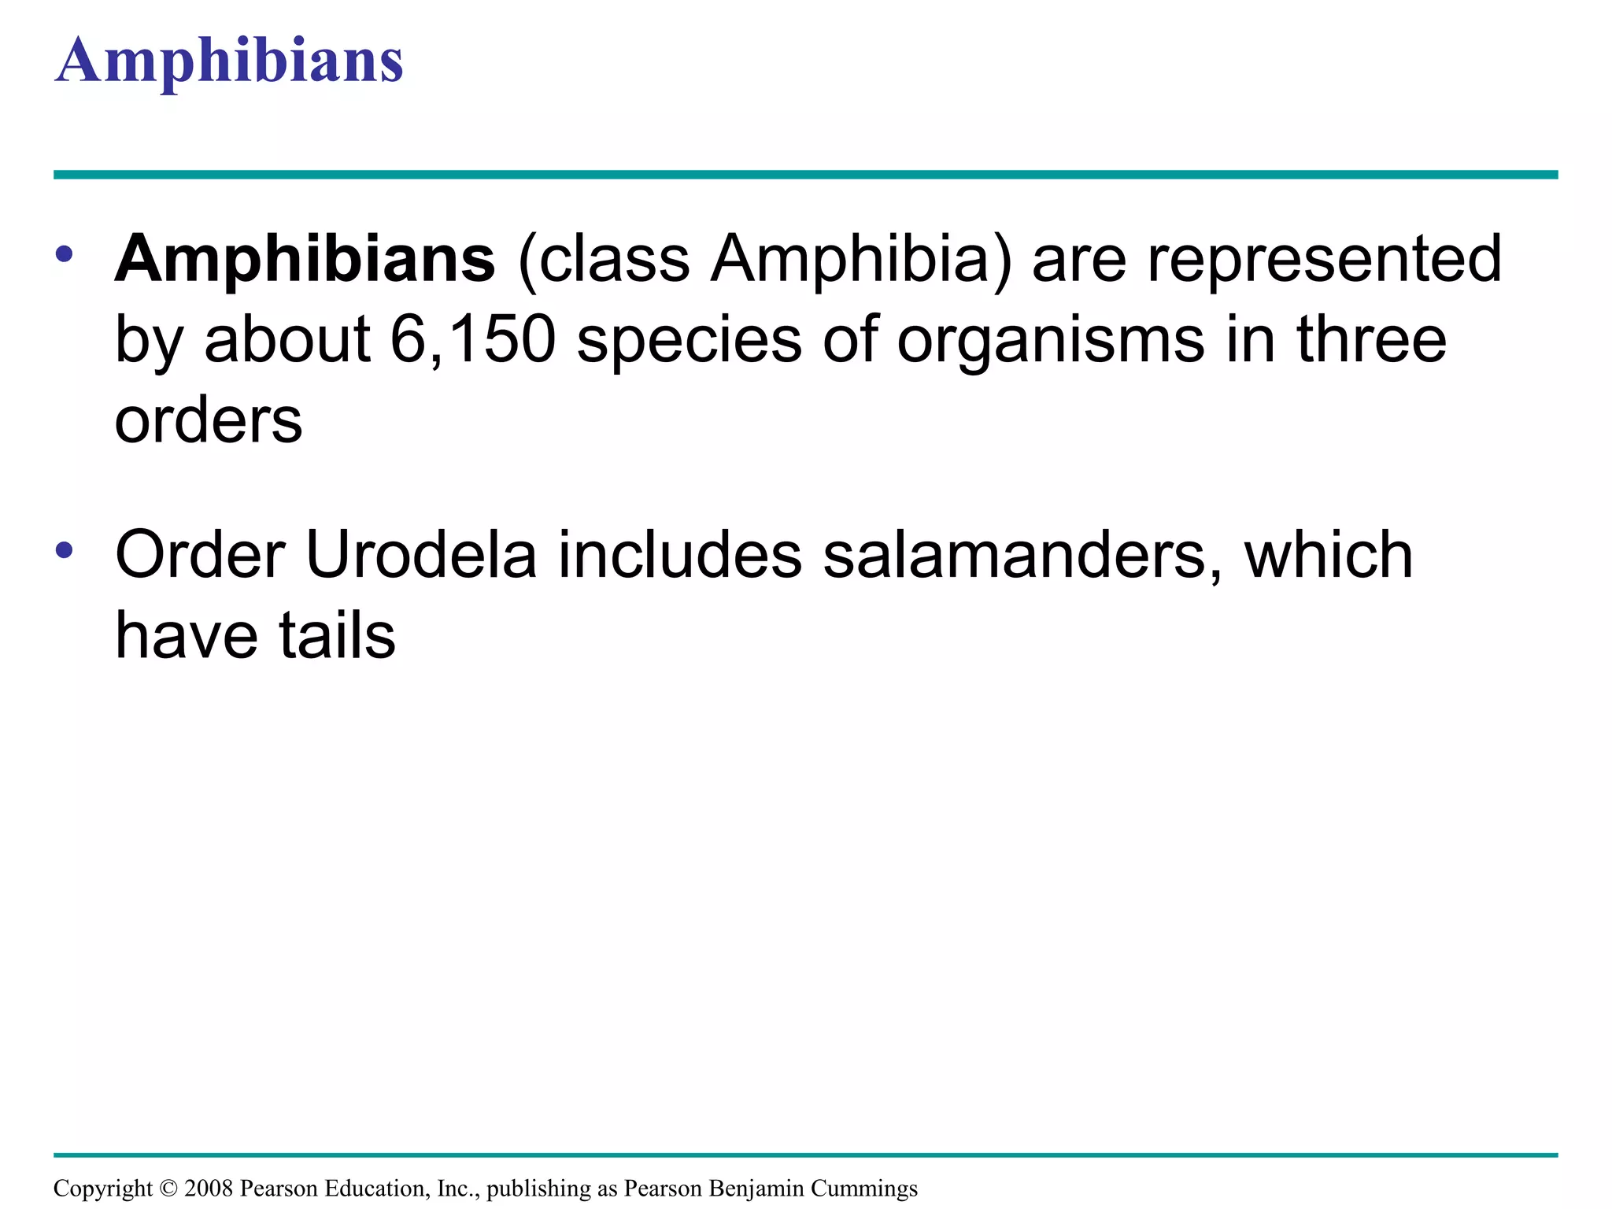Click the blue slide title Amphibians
click(x=229, y=61)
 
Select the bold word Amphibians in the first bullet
click(x=305, y=260)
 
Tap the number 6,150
click(x=473, y=340)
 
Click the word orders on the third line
click(x=209, y=421)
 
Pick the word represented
click(x=1324, y=260)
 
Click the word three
click(x=1371, y=340)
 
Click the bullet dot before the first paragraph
click(x=65, y=255)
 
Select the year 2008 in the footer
click(x=209, y=1188)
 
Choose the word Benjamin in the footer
click(x=756, y=1189)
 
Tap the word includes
click(x=680, y=556)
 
